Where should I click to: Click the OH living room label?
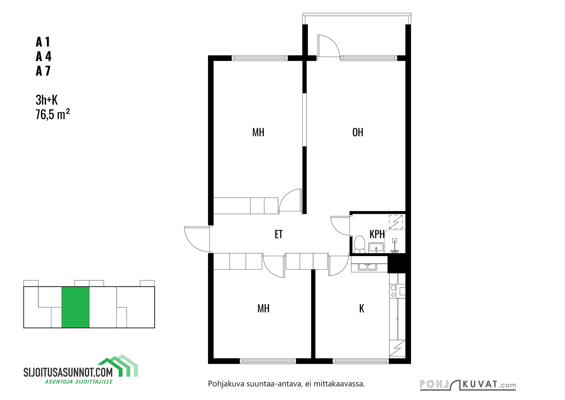coord(358,132)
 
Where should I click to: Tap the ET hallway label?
coord(279,234)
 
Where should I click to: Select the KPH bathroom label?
coord(377,234)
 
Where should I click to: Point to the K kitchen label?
coord(362,309)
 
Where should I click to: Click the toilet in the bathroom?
coord(359,244)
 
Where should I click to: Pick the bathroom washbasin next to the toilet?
coord(376,248)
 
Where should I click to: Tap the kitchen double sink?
coord(368,267)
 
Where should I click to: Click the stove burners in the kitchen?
coord(393,291)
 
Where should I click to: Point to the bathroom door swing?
coord(340,226)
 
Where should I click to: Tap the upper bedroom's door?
coord(290,201)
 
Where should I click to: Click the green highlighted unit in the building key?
coord(75,307)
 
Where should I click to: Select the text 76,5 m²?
coord(52,114)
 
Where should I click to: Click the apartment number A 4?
coord(44,56)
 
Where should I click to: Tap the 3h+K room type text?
coord(47,100)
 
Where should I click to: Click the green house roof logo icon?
coord(118,365)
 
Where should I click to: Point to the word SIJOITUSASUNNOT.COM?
coord(68,372)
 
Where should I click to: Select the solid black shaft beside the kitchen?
coord(396,264)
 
